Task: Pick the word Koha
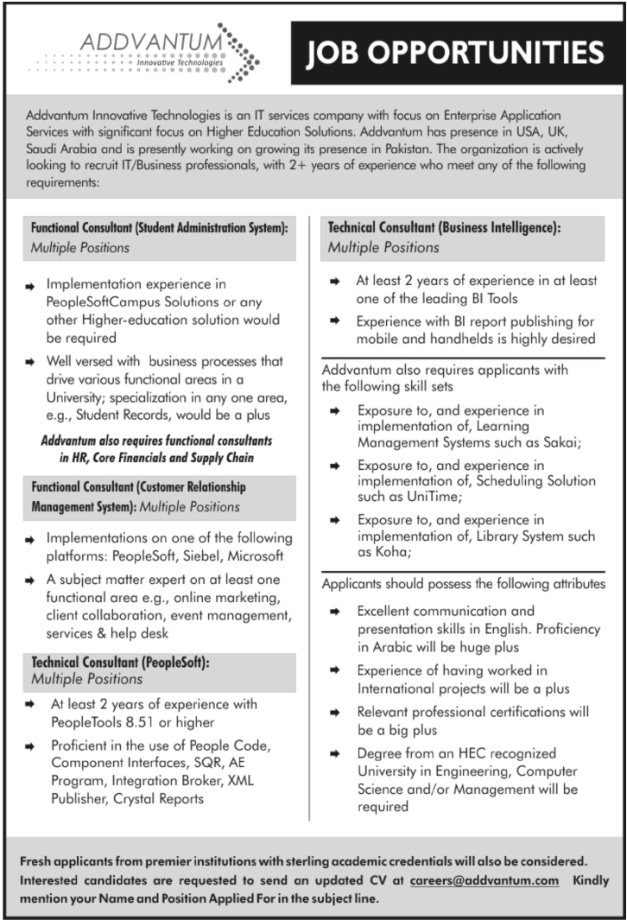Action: pyautogui.click(x=390, y=551)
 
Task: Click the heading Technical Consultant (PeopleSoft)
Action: pyautogui.click(x=120, y=663)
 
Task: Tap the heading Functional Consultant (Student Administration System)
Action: pyautogui.click(x=159, y=229)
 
